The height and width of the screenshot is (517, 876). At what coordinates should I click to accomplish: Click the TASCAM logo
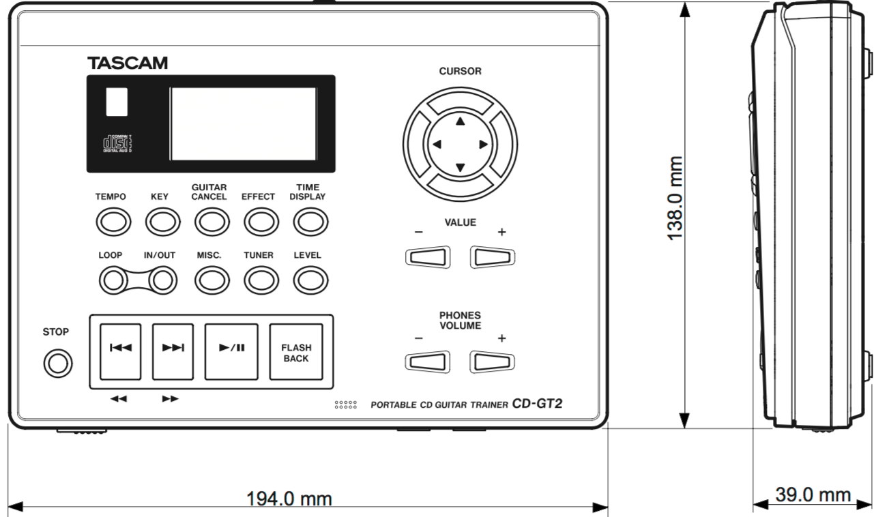127,62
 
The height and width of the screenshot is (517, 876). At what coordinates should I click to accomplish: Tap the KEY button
159,221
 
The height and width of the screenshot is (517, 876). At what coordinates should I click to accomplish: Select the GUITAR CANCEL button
209,221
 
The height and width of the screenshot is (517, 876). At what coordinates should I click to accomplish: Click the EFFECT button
258,221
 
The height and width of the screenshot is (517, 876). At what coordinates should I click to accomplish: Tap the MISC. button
209,278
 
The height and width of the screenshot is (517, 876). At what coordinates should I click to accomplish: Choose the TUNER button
258,278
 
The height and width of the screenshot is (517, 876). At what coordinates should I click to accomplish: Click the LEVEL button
308,278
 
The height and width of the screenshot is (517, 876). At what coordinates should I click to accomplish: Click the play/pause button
231,352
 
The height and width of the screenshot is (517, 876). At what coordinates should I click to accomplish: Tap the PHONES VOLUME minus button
427,361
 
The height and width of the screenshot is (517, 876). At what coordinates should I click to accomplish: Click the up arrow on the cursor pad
460,121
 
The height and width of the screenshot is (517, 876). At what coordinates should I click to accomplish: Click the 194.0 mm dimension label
289,500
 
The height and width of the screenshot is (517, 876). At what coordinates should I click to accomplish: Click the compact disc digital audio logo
117,144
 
